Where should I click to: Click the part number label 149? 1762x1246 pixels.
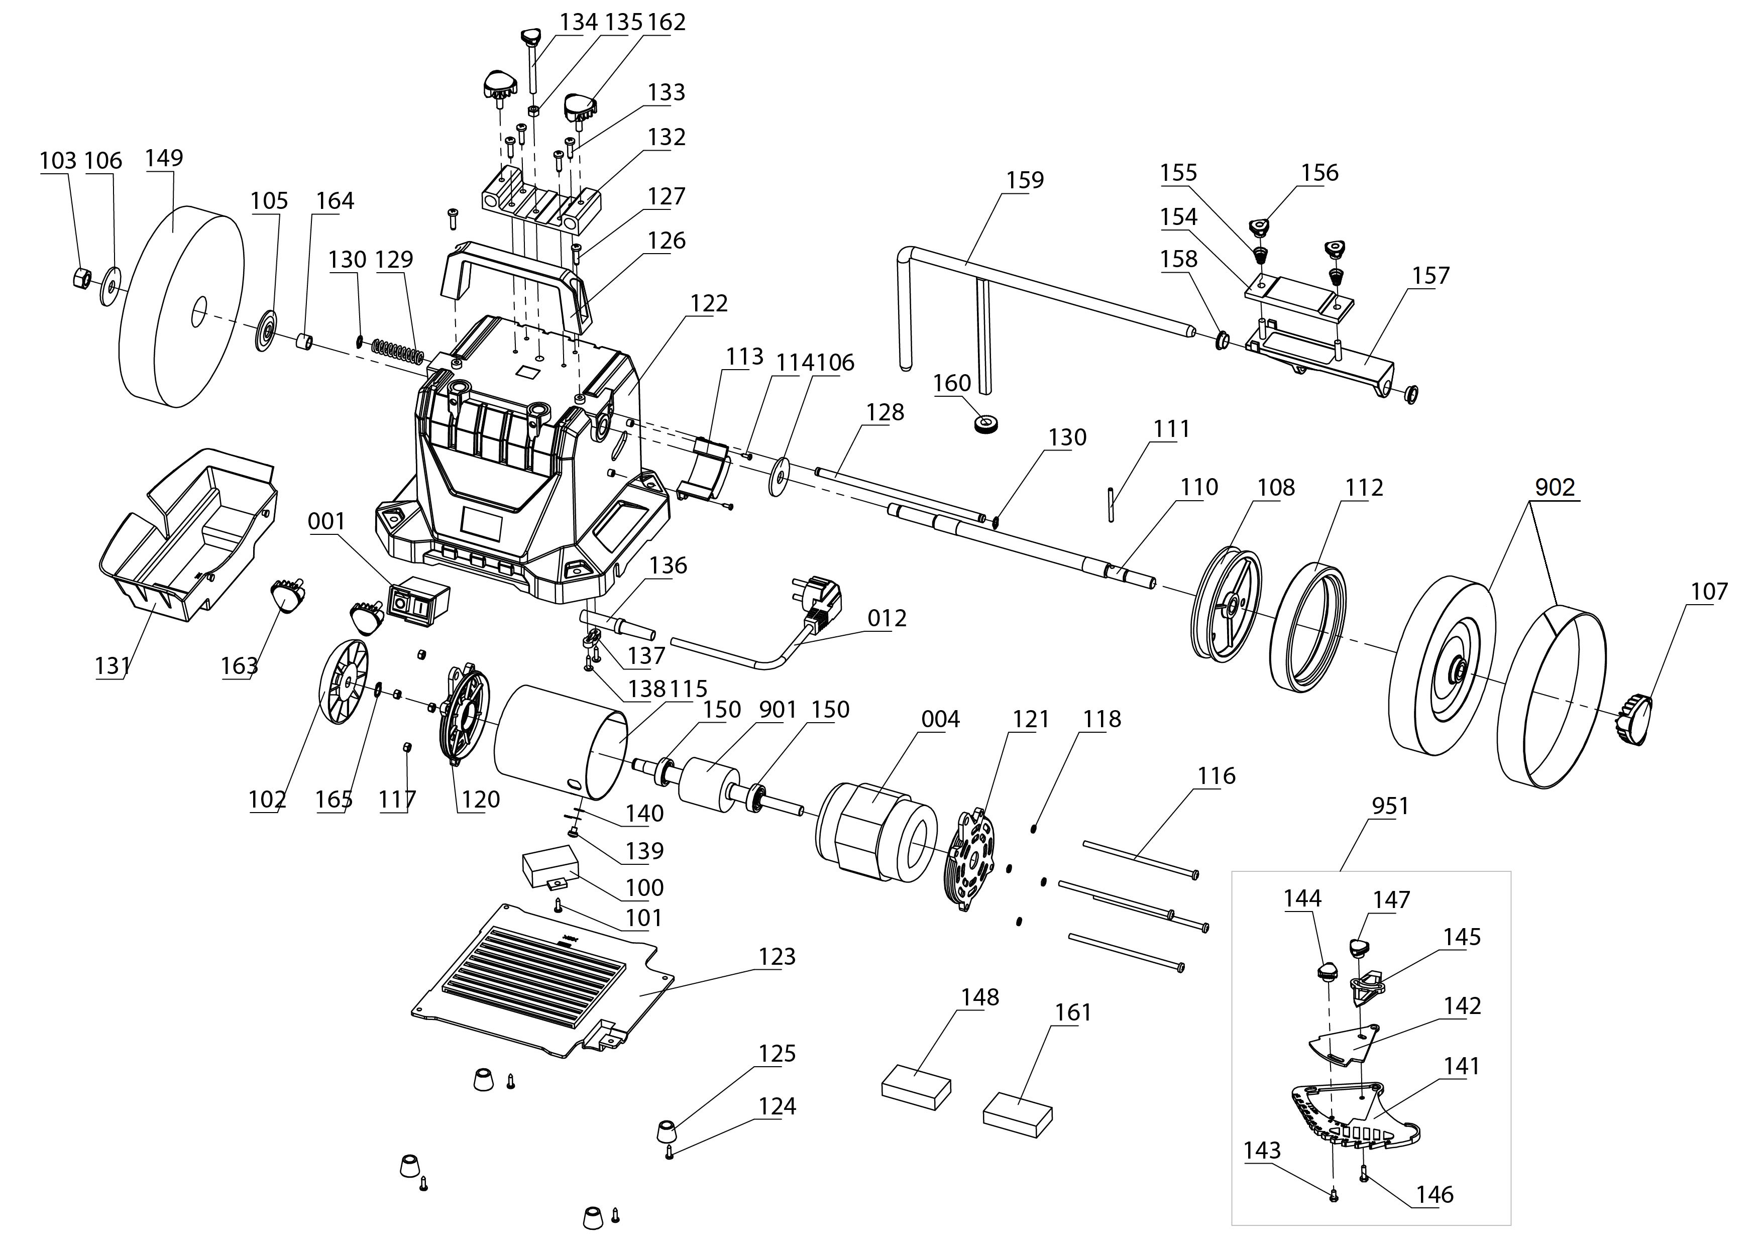(x=164, y=158)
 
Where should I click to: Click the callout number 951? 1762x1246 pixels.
(x=1390, y=807)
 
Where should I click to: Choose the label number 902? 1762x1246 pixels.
(x=1555, y=488)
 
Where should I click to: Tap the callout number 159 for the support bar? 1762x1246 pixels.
(x=1025, y=180)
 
